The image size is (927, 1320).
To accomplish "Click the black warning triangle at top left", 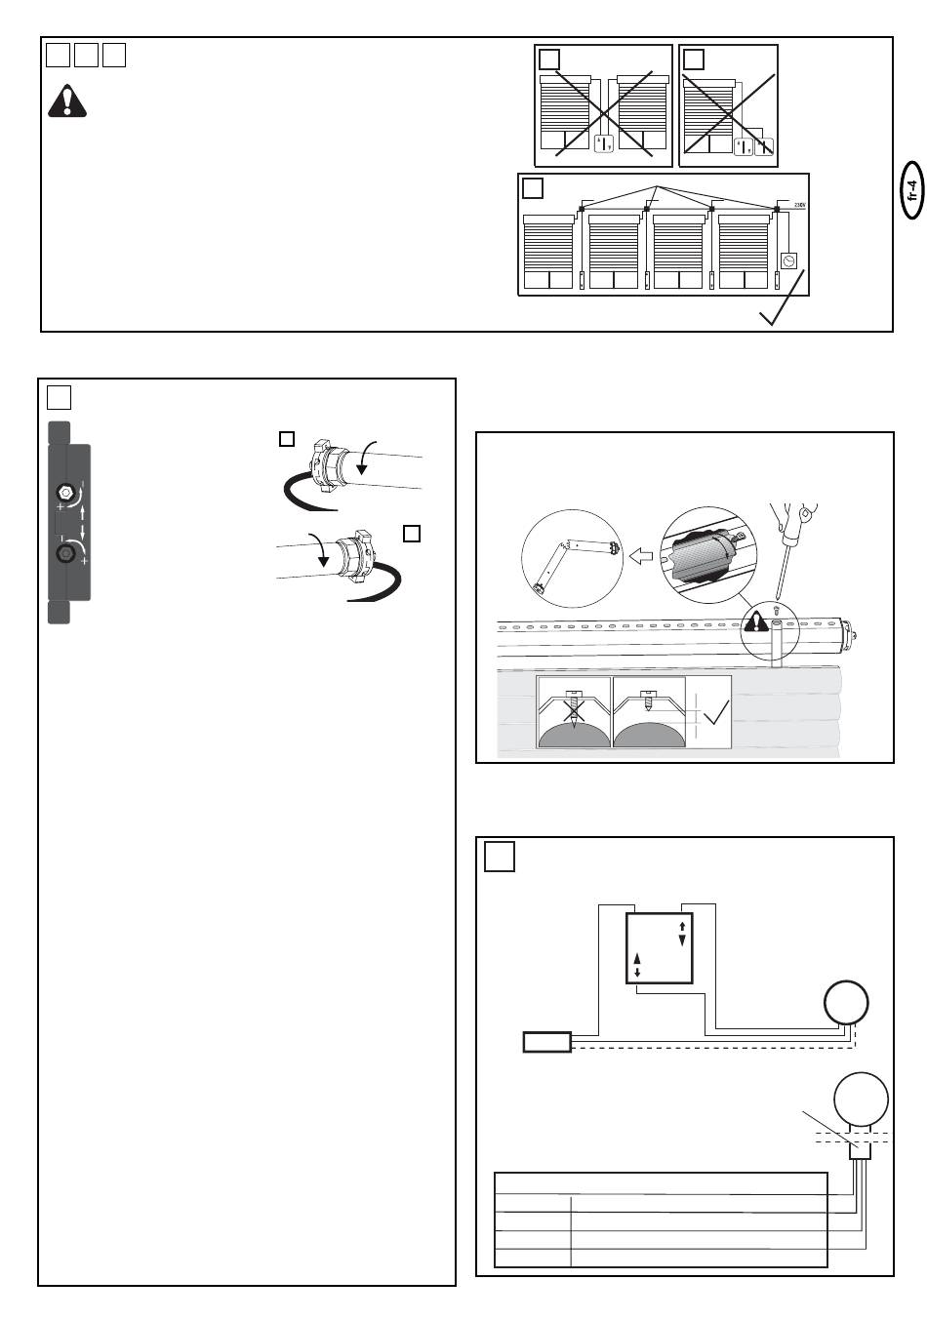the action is [67, 101].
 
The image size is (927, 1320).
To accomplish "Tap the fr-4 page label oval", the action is [912, 189].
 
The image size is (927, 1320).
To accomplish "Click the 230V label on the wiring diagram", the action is [800, 205].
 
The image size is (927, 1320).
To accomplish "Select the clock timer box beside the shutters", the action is [788, 260].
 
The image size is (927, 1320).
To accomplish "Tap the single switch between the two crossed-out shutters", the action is [603, 143].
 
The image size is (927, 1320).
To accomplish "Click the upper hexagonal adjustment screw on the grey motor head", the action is [64, 492].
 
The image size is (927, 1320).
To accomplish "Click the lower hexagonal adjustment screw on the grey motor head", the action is [64, 553].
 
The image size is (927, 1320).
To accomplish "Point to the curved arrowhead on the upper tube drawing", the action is [361, 469].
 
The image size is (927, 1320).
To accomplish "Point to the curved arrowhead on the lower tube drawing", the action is [323, 560].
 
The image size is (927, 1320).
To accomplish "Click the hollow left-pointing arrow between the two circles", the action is [641, 555].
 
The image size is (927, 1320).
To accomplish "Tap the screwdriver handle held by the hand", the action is [799, 518].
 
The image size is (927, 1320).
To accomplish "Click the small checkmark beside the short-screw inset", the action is [716, 710].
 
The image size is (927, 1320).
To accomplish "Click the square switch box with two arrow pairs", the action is [659, 948].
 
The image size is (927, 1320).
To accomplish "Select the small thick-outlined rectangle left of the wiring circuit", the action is [546, 1042].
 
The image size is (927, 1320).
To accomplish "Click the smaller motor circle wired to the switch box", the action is [846, 1002].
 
